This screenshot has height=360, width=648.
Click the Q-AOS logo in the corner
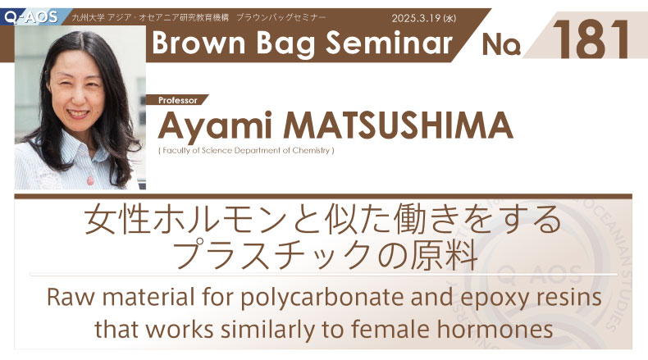click(30, 17)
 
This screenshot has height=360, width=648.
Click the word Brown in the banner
click(199, 43)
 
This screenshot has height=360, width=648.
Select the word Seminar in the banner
click(389, 43)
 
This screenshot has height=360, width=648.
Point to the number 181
click(591, 39)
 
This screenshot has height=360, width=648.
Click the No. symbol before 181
click(501, 44)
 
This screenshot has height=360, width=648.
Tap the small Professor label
click(178, 100)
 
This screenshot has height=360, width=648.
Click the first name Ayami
click(214, 125)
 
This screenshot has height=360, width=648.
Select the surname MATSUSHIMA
click(398, 125)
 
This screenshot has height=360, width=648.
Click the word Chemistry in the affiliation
click(311, 150)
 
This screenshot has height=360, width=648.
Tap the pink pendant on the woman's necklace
click(90, 180)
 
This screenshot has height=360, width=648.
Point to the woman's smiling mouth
click(78, 113)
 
